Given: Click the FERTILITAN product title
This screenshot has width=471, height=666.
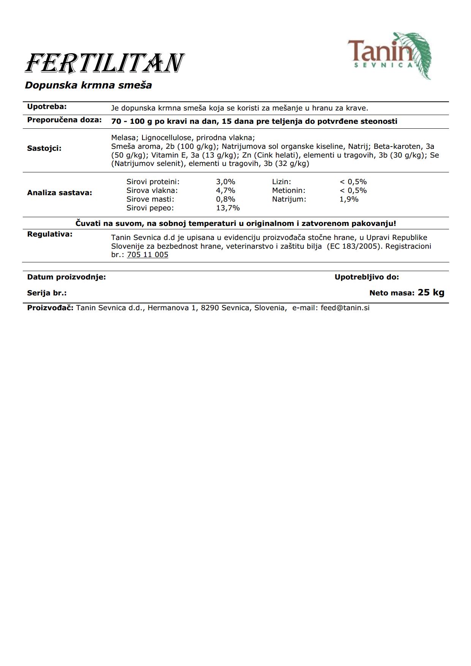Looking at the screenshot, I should click(104, 63).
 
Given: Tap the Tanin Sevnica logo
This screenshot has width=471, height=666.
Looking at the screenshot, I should click(389, 55).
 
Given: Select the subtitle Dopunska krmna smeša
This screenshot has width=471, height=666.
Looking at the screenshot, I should click(88, 85).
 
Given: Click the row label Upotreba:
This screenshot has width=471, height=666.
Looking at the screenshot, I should click(47, 107).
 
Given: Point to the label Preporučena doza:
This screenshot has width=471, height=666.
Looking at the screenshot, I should click(64, 120).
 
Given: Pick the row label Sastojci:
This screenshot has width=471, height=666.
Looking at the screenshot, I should click(44, 148).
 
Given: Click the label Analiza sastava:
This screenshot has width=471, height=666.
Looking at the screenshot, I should click(59, 193).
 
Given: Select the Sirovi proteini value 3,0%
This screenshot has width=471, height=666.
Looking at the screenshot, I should click(226, 182).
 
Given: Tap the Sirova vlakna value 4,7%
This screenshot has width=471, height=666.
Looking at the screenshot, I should click(226, 191).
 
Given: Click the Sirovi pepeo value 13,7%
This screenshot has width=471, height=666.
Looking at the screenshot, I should click(228, 208).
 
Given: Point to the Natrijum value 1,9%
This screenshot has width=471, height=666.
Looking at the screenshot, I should click(349, 199).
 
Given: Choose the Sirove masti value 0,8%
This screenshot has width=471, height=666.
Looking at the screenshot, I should click(226, 199).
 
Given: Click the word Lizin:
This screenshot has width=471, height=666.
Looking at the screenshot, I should click(281, 182).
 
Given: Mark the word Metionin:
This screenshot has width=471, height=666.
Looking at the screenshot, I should click(289, 191).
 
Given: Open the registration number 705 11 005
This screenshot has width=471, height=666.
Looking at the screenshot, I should click(147, 255).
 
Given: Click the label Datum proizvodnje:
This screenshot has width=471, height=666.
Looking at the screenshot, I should click(66, 277).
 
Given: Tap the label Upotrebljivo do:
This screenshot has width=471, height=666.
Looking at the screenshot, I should click(367, 277).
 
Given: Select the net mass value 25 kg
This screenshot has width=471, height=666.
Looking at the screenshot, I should click(431, 292).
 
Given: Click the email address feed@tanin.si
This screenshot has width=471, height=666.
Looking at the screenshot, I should click(345, 308).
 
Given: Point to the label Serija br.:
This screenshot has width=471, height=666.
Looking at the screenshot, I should click(47, 293).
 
